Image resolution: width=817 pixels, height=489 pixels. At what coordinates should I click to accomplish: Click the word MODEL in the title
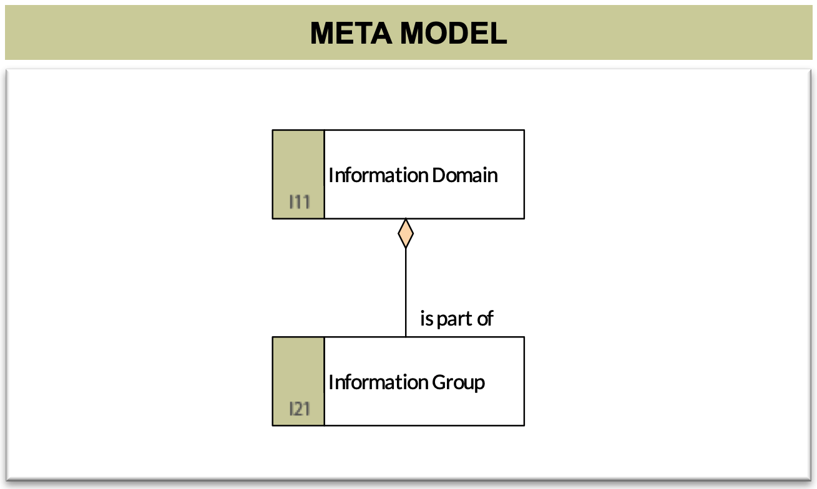coord(453,33)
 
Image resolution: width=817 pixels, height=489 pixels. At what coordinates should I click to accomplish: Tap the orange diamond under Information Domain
coord(406,233)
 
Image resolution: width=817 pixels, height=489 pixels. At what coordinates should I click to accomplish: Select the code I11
coord(300,202)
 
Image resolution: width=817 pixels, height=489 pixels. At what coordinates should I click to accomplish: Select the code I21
coord(300,409)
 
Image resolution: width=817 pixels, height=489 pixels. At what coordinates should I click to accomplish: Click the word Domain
coord(464,175)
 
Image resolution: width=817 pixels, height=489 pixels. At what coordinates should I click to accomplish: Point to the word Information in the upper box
coord(378,175)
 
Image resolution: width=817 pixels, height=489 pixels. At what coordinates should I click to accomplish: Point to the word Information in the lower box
coord(378,382)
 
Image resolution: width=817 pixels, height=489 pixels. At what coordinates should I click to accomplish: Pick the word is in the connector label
coord(427,318)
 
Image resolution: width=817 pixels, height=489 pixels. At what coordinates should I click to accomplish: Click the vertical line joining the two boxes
coord(406,293)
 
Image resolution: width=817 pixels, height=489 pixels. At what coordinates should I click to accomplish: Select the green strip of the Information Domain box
coord(298,175)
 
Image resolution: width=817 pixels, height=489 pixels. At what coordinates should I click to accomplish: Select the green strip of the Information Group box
coord(298,381)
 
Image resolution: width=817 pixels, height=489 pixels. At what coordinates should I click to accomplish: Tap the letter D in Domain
coord(439,175)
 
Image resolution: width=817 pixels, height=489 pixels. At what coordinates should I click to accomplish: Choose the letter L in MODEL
coord(498,33)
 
